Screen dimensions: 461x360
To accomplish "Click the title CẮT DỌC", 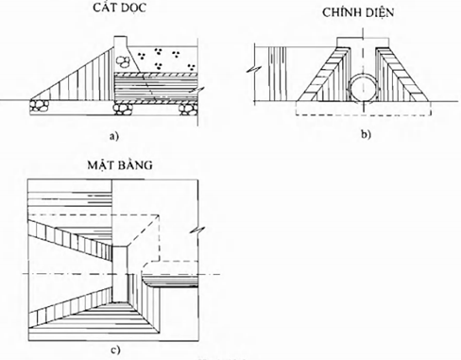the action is [x=120, y=8].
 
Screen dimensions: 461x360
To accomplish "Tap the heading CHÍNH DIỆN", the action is [x=358, y=12].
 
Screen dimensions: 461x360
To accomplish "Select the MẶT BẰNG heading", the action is [x=120, y=164].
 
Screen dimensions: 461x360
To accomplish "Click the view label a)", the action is [x=113, y=136].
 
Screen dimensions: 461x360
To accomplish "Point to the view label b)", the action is [x=367, y=134].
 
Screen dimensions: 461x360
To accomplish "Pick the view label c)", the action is [x=115, y=350].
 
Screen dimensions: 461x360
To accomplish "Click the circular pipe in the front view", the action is [x=364, y=88].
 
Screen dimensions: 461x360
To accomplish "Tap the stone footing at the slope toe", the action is [x=40, y=105].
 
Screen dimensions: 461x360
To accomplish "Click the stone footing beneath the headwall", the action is [x=124, y=109].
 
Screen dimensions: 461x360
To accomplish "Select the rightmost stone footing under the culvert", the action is [x=188, y=109].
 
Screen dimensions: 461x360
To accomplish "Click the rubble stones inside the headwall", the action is [x=124, y=60].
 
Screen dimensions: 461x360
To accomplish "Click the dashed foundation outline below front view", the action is [x=363, y=109].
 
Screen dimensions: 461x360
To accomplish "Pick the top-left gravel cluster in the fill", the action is [x=142, y=56].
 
